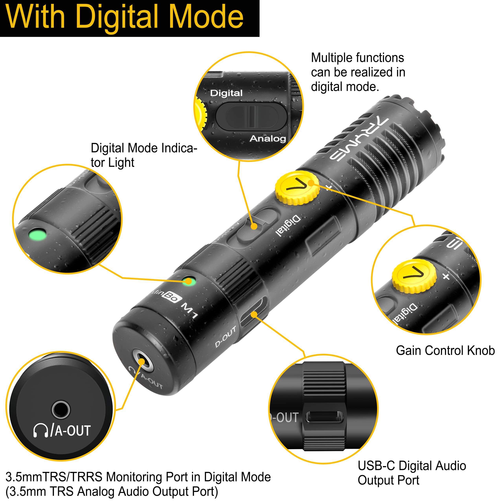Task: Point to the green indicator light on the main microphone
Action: (189, 281)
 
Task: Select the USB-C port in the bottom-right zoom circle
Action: (324, 417)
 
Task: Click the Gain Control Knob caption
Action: (445, 351)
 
